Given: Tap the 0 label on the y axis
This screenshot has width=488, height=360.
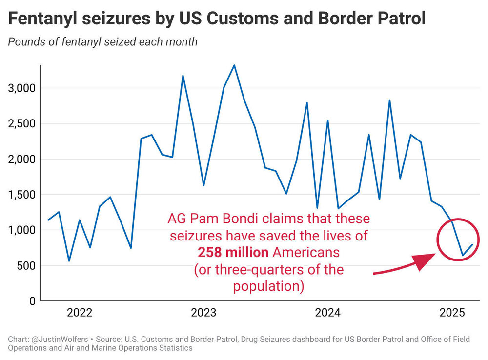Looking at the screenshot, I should (32, 301).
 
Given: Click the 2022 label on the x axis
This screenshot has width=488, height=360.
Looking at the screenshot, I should (80, 313).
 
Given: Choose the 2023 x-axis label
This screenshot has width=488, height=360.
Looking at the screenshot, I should (203, 313).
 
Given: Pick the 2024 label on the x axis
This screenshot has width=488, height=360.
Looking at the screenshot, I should (328, 313).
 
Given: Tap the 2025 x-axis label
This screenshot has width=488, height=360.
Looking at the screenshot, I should (452, 313).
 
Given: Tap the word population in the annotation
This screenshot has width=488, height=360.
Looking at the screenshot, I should (269, 286).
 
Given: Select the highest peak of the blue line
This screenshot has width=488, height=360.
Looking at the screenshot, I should (234, 65).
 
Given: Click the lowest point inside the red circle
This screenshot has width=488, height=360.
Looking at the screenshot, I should (462, 255).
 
